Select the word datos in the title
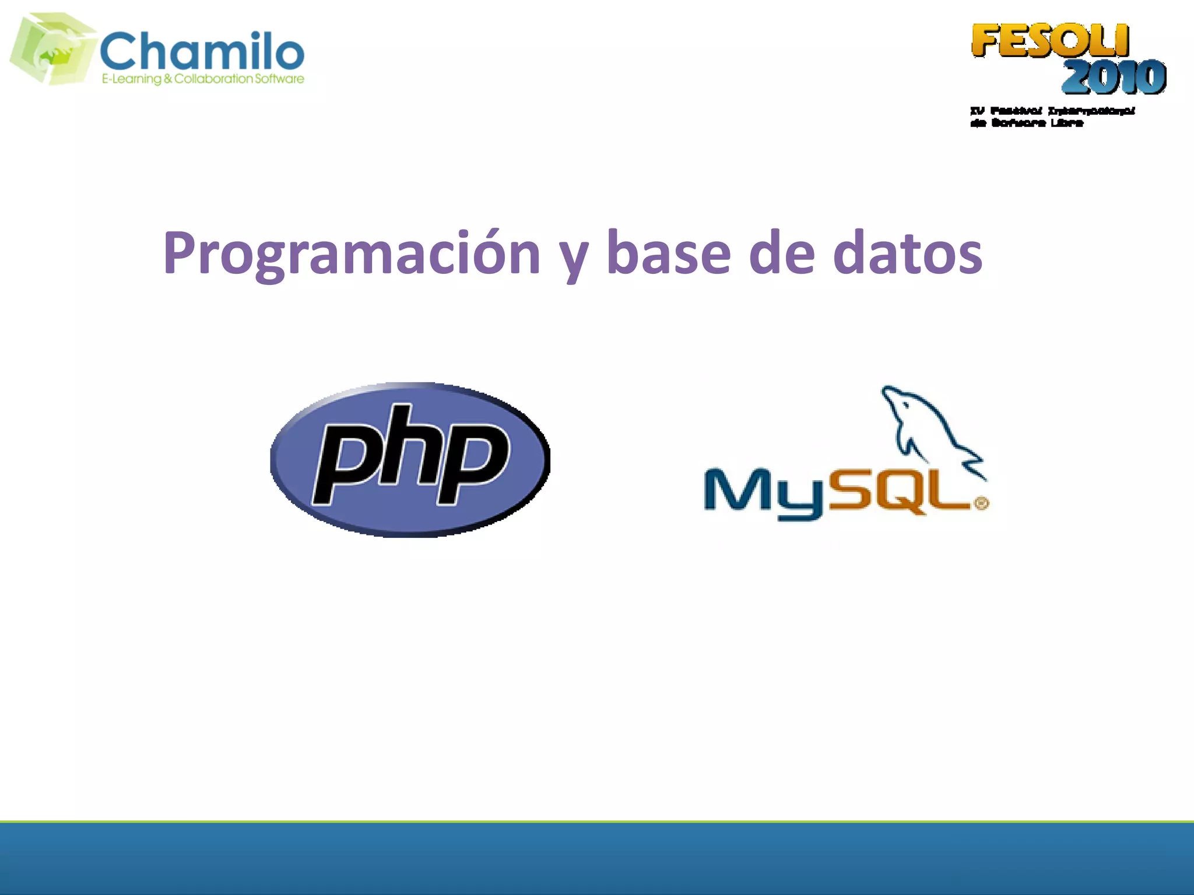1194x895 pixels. [x=907, y=253]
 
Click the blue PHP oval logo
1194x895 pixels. [x=410, y=460]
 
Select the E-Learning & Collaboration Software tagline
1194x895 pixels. [x=203, y=79]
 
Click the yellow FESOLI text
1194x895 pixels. [x=1049, y=41]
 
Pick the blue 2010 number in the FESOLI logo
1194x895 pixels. [x=1114, y=77]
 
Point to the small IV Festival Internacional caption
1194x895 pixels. [x=1052, y=111]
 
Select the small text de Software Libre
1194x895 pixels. [x=1027, y=123]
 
